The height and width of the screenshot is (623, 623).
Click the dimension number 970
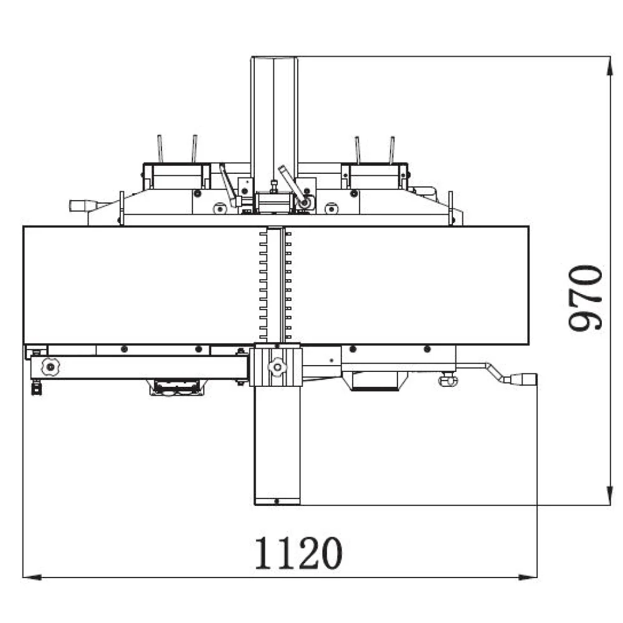tap(586, 297)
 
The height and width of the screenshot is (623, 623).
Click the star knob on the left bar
tap(49, 367)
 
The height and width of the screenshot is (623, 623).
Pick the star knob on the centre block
tap(276, 368)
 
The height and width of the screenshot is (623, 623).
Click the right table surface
tap(411, 285)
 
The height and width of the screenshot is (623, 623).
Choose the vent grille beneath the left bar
tap(177, 388)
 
